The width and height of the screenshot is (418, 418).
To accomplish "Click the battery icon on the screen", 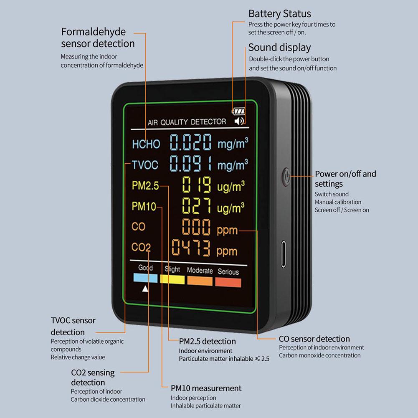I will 239,111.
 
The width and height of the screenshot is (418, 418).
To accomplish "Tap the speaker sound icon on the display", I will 239,122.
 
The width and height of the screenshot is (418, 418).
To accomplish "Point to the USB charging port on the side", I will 284,254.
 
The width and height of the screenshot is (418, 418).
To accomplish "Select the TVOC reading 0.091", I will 190,164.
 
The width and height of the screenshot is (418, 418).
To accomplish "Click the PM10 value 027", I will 196,206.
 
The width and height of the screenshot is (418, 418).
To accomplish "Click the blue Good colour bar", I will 145,279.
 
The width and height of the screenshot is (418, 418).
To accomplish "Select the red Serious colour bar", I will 228,282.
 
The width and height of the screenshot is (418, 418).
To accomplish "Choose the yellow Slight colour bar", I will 172,279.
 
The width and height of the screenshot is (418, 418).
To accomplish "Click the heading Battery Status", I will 279,14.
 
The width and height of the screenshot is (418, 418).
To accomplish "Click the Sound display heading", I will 279,47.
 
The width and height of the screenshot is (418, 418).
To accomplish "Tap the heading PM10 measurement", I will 206,388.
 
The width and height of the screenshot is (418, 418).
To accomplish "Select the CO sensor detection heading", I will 314,339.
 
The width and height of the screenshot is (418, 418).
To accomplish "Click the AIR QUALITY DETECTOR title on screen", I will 187,122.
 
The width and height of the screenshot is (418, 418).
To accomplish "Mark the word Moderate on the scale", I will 200,271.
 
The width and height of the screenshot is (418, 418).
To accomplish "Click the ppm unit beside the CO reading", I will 227,230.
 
